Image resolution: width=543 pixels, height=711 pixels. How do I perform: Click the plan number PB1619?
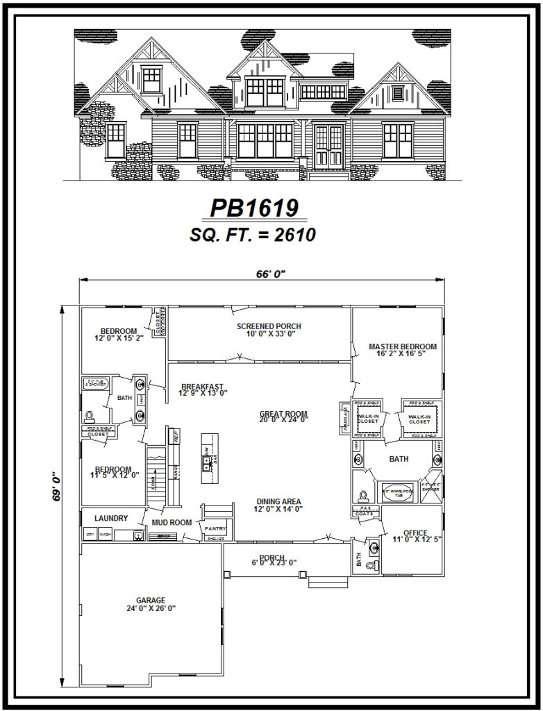pos(254,208)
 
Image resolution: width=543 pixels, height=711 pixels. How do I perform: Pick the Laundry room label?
pos(111,518)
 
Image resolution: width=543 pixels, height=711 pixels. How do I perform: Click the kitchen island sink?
pos(207,461)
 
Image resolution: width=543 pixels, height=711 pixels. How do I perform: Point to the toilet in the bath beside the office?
pos(371,565)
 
